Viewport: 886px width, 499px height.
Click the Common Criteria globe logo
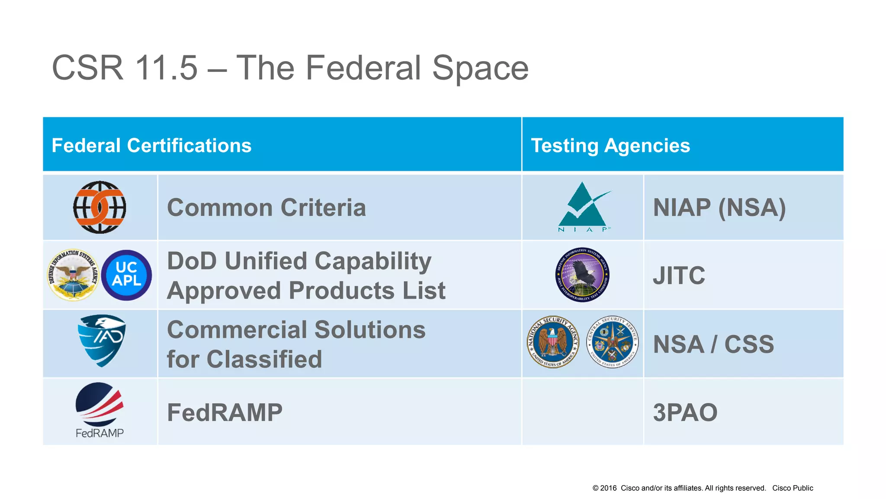[x=100, y=207]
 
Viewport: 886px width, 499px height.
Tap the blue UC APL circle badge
[x=126, y=275]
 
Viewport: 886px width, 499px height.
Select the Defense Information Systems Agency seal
[x=73, y=275]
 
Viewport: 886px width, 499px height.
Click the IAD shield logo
[x=102, y=341]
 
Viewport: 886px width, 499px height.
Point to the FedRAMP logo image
[x=100, y=409]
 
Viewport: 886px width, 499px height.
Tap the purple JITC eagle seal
[x=582, y=275]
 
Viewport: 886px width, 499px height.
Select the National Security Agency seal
[x=552, y=342]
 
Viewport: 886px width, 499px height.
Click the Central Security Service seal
[x=612, y=342]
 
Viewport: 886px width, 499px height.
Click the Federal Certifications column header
[x=151, y=146]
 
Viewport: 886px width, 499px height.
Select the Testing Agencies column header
[x=610, y=146]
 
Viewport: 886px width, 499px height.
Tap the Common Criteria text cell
[x=266, y=207]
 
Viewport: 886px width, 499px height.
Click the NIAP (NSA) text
[x=719, y=207]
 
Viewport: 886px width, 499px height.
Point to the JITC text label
[x=679, y=275]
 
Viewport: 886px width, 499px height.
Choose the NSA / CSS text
[x=713, y=344]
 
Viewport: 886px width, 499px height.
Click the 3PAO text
[x=685, y=412]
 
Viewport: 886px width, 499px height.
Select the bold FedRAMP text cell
[x=225, y=412]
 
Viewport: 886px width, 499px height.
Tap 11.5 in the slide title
[x=166, y=68]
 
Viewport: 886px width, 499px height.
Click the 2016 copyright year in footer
[x=608, y=488]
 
